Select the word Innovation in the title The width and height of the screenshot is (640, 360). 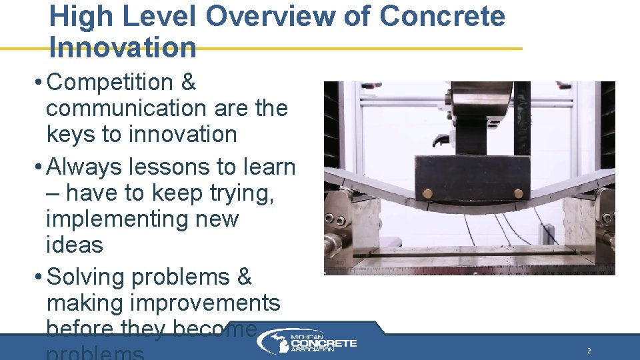[x=123, y=47]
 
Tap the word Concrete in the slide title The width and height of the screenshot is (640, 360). [x=442, y=16]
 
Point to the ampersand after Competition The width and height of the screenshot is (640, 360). [x=189, y=83]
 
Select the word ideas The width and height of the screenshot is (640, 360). [x=75, y=245]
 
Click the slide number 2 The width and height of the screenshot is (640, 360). [x=589, y=351]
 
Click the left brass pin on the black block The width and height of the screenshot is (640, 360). [x=427, y=194]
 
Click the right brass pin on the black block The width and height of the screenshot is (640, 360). [x=518, y=193]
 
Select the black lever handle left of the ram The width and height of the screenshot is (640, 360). [x=440, y=141]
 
